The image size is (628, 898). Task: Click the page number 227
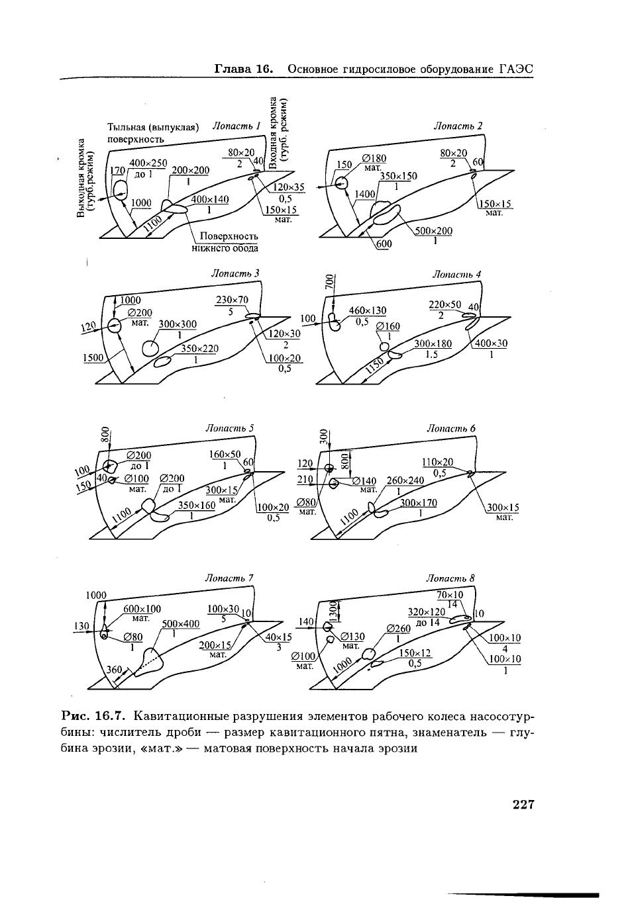tap(523, 805)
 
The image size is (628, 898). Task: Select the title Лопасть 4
tap(456, 273)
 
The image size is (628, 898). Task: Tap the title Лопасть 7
tap(230, 578)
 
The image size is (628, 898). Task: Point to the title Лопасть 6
tap(451, 428)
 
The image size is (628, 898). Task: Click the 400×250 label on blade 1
tap(148, 163)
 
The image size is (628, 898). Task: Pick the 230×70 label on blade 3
tap(232, 300)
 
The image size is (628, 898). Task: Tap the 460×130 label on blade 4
tap(368, 310)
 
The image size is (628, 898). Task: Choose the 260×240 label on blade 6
tap(405, 480)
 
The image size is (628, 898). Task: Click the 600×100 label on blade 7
tap(142, 609)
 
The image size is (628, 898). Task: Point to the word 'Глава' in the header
tap(233, 69)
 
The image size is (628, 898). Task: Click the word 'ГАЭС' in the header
tap(516, 69)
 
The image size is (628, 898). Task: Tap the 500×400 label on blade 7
tap(181, 623)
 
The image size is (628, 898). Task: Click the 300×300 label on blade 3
tap(178, 324)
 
